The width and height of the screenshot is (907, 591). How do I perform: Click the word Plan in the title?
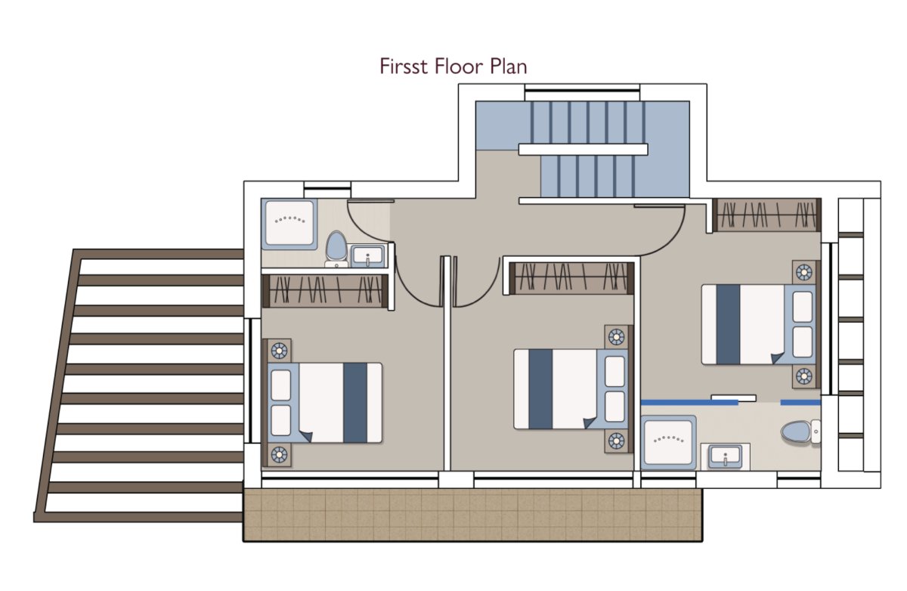[x=508, y=67]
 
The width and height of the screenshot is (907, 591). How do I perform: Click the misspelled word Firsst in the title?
[x=404, y=67]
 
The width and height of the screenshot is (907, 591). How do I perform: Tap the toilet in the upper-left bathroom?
[x=336, y=248]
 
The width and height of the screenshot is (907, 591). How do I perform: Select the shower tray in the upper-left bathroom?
[x=289, y=223]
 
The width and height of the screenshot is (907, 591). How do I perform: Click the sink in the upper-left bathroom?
[x=367, y=255]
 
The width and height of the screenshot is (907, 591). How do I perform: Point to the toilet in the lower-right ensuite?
[x=800, y=432]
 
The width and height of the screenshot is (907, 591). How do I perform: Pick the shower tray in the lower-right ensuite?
[x=668, y=442]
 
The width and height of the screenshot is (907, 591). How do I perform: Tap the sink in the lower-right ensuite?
[x=725, y=456]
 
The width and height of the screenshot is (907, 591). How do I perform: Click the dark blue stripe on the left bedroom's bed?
[x=355, y=403]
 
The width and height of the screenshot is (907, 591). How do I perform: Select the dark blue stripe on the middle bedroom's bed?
[x=540, y=389]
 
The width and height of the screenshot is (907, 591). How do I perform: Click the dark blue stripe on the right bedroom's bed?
[x=728, y=324]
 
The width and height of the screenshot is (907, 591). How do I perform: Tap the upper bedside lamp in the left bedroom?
[x=279, y=351]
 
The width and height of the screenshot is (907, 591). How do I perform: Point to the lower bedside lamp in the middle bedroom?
[x=616, y=441]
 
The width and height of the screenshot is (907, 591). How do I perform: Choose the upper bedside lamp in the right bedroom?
[x=803, y=272]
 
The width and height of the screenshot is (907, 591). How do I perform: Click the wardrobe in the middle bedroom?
[x=571, y=278]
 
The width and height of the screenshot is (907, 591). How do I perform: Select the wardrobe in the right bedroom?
[x=767, y=215]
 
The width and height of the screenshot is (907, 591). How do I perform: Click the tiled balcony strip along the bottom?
[x=472, y=515]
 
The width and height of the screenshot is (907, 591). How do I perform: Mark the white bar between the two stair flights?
[x=583, y=150]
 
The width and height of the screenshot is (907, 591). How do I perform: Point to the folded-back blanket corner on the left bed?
[x=307, y=437]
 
